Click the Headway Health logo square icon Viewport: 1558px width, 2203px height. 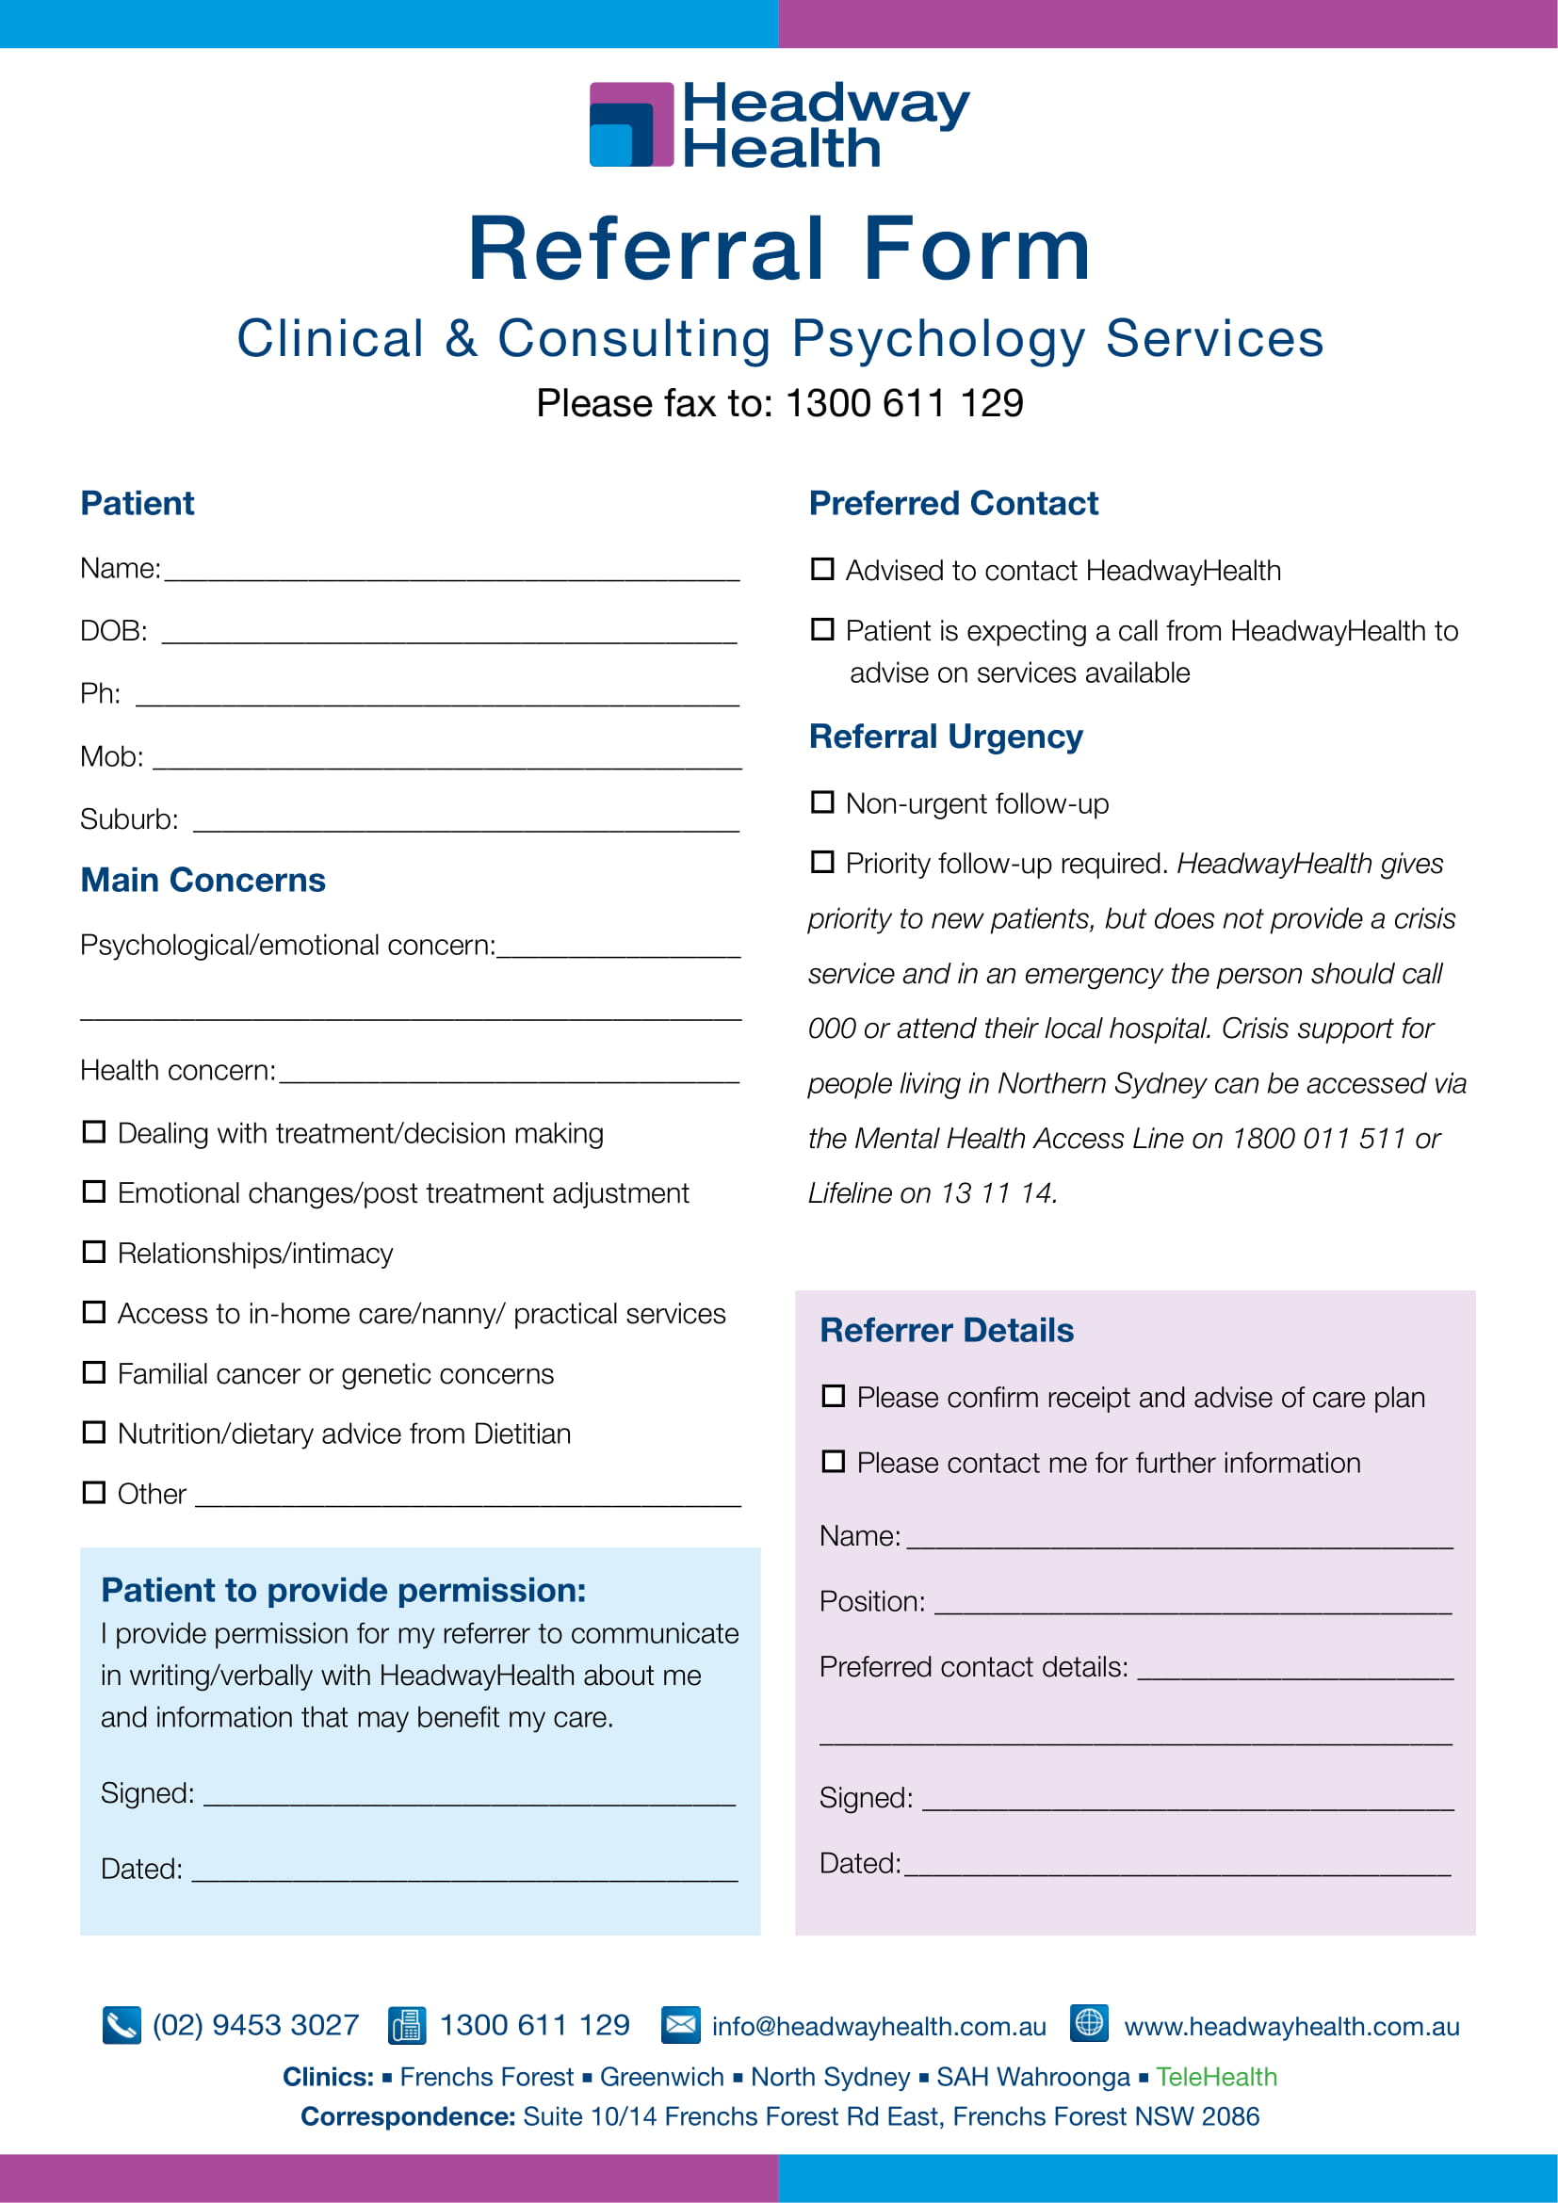(x=631, y=124)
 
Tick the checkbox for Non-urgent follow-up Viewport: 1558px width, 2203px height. (x=822, y=802)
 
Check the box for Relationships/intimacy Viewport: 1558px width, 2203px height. (x=94, y=1252)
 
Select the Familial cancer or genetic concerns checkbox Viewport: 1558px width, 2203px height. (x=94, y=1372)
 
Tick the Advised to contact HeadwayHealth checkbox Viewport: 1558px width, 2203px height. (x=822, y=569)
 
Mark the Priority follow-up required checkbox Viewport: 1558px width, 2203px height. (x=822, y=862)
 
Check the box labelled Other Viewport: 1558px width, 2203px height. (x=94, y=1492)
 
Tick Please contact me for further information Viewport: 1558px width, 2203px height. (x=834, y=1462)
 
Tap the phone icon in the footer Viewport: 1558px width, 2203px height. (x=122, y=2025)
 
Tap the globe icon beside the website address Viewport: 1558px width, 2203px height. (x=1089, y=2022)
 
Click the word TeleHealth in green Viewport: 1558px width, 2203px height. (x=1215, y=2077)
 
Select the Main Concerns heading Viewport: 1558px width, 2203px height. (x=203, y=880)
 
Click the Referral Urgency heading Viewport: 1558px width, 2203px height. (x=945, y=736)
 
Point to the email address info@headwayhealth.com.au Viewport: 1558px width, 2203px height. (x=879, y=2027)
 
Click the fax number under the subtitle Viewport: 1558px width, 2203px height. (x=903, y=403)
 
